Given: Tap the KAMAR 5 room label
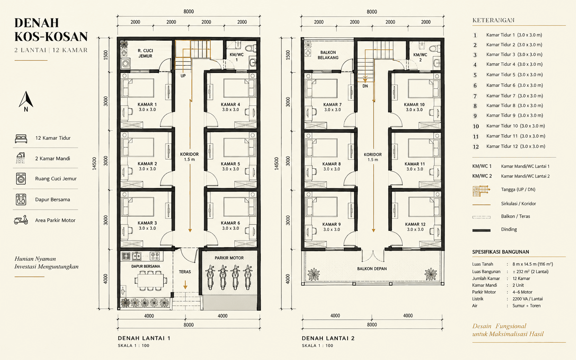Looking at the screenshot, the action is tap(230, 164).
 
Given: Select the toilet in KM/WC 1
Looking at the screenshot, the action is tap(251, 48).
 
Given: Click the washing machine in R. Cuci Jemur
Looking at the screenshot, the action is tap(125, 63).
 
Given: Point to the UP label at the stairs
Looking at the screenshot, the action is tap(183, 76).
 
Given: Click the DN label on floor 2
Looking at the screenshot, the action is tap(365, 86).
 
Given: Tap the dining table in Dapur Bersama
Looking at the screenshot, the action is tap(150, 280).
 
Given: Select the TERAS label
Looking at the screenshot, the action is tap(185, 271).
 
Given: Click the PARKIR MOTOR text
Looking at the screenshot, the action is tap(229, 258).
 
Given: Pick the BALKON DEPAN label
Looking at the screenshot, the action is tap(372, 269).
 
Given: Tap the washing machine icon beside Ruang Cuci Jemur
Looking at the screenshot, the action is tap(21, 179).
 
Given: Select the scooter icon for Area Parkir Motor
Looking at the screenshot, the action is tap(21, 220).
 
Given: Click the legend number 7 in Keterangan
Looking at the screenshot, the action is tap(475, 96).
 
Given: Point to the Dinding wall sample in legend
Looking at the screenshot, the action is tap(481, 230).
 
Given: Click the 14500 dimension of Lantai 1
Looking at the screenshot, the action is tap(94, 164).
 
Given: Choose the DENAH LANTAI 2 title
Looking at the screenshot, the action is tap(328, 338).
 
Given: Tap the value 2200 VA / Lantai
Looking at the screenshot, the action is tap(527, 299).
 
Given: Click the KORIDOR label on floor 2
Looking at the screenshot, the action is tap(373, 155).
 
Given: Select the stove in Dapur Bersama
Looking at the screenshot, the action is tap(155, 256).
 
